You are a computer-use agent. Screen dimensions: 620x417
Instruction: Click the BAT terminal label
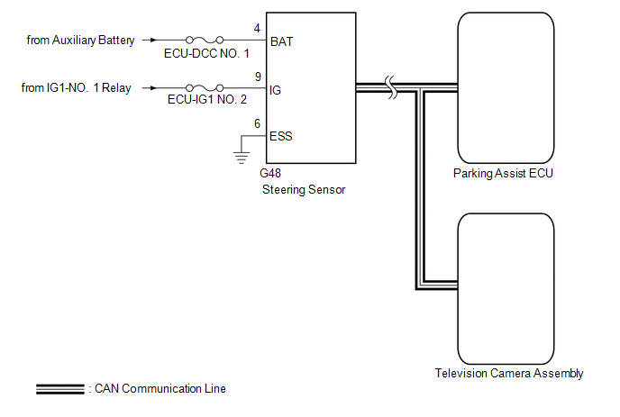(x=281, y=41)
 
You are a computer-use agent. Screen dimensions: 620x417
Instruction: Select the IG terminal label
(x=275, y=90)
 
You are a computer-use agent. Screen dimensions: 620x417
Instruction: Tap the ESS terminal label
(x=281, y=136)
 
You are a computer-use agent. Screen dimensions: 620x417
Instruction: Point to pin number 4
(x=257, y=29)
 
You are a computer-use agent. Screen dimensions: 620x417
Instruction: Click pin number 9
(x=258, y=77)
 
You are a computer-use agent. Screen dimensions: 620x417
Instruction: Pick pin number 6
(x=257, y=123)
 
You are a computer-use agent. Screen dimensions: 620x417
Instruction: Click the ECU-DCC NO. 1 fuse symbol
(x=205, y=40)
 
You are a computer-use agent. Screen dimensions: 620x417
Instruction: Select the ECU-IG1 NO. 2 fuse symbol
(x=205, y=87)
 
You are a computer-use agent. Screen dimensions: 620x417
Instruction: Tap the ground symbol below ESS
(x=242, y=158)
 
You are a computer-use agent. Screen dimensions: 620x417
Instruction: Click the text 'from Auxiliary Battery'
(x=81, y=41)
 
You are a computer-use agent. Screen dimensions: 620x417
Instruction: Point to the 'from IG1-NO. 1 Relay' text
(x=76, y=87)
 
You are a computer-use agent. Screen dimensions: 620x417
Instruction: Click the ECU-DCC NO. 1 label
(x=206, y=53)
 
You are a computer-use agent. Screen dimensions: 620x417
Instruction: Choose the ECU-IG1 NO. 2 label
(x=206, y=99)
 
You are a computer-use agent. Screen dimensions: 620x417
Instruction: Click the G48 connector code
(x=270, y=173)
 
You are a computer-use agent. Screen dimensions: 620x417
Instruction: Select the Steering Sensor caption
(x=304, y=190)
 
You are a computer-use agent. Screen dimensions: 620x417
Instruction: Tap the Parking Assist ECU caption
(x=503, y=174)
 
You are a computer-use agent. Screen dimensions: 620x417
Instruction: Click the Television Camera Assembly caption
(x=509, y=374)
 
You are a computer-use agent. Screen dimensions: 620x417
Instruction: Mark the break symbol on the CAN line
(x=391, y=87)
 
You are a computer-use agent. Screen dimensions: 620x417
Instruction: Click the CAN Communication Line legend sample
(x=60, y=389)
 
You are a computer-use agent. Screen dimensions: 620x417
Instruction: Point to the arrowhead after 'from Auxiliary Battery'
(x=153, y=40)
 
